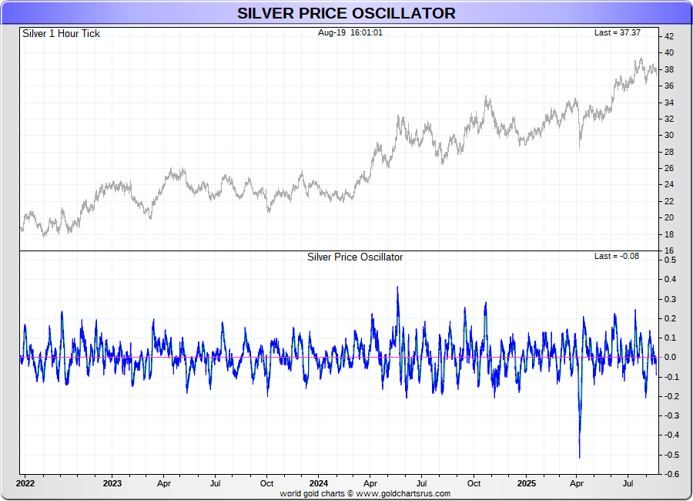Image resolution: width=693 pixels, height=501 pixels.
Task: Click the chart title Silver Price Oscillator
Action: [346, 13]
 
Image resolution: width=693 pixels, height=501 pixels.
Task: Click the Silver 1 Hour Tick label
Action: [61, 33]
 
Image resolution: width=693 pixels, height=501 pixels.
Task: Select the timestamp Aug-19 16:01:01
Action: [350, 32]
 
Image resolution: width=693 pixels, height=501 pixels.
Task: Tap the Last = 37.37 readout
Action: [617, 32]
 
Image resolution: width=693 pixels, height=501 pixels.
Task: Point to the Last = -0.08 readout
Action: [617, 256]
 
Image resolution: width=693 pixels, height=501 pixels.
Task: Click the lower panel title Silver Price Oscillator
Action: [354, 257]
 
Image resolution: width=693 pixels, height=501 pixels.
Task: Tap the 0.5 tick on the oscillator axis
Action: [671, 261]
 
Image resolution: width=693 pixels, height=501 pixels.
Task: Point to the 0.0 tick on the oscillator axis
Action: [671, 358]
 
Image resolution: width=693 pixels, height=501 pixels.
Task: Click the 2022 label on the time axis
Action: [25, 483]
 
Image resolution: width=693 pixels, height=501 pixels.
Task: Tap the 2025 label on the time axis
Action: [526, 483]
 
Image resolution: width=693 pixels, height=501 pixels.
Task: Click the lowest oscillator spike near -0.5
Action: [579, 456]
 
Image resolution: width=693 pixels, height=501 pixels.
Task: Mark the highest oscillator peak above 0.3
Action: [397, 287]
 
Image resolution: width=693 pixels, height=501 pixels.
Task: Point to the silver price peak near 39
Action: [639, 59]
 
